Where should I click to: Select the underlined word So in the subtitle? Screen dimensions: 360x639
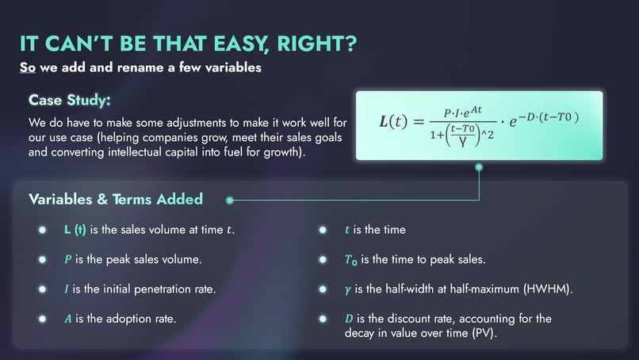pos(28,67)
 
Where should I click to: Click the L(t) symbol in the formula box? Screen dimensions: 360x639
pos(396,122)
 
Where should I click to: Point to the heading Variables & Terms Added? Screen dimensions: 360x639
pos(116,199)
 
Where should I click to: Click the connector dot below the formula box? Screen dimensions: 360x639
pos(478,167)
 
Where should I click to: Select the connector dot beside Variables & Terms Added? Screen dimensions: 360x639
pos(230,199)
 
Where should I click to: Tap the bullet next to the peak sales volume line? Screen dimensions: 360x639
pos(42,259)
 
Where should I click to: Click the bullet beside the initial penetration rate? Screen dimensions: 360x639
pos(42,289)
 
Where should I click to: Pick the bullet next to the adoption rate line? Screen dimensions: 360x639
pos(42,318)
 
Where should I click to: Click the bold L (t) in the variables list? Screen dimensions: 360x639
pos(75,230)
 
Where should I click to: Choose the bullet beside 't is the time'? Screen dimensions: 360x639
pos(323,230)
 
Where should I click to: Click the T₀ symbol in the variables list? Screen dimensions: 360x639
pos(351,260)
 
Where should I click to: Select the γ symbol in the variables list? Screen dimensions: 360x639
pos(347,289)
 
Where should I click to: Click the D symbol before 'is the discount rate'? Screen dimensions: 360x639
pos(349,318)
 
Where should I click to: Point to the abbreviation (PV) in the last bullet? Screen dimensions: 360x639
pos(480,333)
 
